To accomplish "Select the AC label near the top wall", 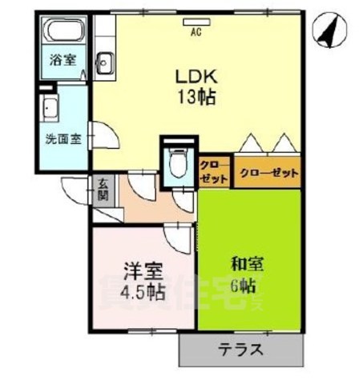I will pyautogui.click(x=196, y=33).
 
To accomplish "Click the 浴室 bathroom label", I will pyautogui.click(x=63, y=60).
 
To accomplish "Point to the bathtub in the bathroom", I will pyautogui.click(x=63, y=34).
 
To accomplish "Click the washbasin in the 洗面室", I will pyautogui.click(x=50, y=107).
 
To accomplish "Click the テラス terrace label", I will pyautogui.click(x=241, y=350).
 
